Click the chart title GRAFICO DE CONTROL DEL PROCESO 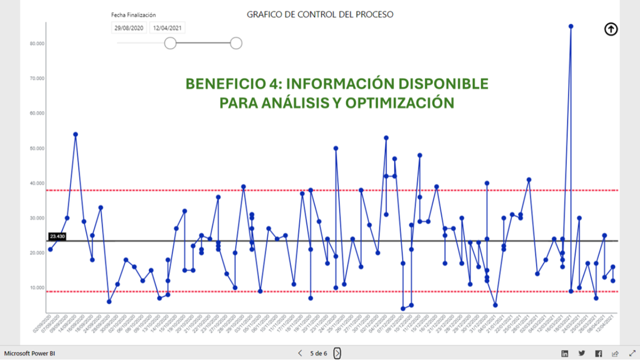[319, 15]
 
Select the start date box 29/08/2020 [129, 28]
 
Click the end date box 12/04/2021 [167, 28]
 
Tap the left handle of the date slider [170, 44]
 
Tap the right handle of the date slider [236, 44]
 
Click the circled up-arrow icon [611, 29]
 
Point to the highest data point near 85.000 [571, 26]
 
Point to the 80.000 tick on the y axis [38, 44]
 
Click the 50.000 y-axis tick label [38, 148]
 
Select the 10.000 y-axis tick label [38, 288]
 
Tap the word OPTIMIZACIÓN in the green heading [400, 102]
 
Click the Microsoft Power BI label [34, 353]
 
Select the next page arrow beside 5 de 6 [337, 353]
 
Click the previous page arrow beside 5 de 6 [300, 353]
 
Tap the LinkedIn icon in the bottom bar [564, 353]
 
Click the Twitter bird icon [582, 353]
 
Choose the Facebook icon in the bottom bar [598, 353]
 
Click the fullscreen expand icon [632, 353]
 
